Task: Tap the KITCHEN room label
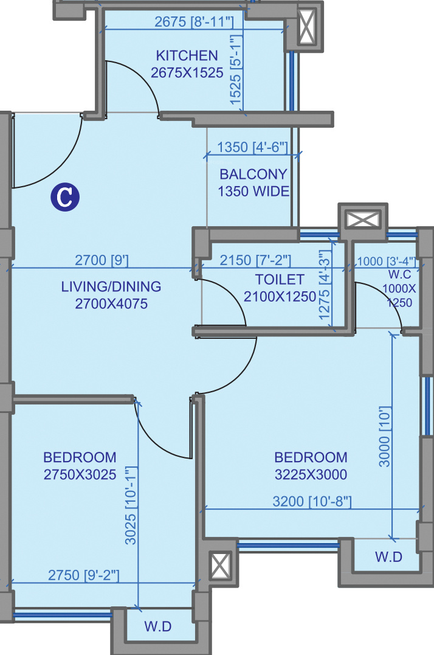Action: point(187,55)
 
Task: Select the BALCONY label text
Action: point(253,174)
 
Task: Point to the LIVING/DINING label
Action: point(111,286)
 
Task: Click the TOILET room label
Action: point(280,279)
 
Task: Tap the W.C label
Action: point(400,274)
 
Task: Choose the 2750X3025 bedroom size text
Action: point(80,474)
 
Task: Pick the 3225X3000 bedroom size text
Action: point(311,474)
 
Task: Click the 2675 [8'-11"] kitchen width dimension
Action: point(194,21)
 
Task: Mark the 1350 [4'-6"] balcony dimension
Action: point(252,147)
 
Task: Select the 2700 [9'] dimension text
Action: point(102,260)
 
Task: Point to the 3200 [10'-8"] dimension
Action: point(312,501)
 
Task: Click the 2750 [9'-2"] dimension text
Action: point(84,575)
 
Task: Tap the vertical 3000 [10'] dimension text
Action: point(384,437)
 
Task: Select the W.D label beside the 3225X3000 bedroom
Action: point(388,556)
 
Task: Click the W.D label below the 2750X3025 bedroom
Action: point(158,626)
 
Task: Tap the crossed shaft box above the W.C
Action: point(363,220)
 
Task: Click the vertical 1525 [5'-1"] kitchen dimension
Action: point(236,70)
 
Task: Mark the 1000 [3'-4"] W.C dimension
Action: point(387,262)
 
